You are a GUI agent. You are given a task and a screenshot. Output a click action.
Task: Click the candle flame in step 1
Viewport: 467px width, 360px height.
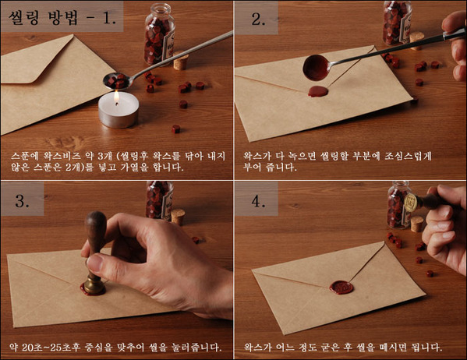pyautogui.click(x=116, y=97)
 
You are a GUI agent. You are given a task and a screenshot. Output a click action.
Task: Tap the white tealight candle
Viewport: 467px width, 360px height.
pyautogui.click(x=119, y=110)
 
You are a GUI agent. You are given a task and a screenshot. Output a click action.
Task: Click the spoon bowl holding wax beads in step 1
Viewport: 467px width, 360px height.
pyautogui.click(x=117, y=81)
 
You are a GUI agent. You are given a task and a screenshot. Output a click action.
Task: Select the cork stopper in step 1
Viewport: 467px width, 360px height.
pyautogui.click(x=181, y=62)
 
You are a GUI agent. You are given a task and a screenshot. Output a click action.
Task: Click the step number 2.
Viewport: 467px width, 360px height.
pyautogui.click(x=258, y=19)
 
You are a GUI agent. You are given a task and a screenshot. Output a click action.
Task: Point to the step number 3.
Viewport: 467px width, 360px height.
pyautogui.click(x=22, y=200)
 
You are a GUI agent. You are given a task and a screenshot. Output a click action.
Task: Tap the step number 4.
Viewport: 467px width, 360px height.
pyautogui.click(x=258, y=200)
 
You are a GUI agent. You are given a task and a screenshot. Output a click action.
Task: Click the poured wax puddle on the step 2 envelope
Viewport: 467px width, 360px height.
pyautogui.click(x=318, y=91)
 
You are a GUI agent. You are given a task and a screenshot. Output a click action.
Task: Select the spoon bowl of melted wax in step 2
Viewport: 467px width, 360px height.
pyautogui.click(x=316, y=68)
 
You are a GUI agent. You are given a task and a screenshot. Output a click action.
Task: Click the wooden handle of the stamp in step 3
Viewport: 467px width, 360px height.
pyautogui.click(x=96, y=235)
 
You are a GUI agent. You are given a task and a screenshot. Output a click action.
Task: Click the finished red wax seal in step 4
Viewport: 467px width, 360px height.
pyautogui.click(x=341, y=288)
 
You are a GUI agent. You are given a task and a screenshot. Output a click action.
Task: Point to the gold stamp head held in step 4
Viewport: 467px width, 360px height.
pyautogui.click(x=410, y=203)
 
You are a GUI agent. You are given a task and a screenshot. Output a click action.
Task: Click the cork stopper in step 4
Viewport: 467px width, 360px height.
pyautogui.click(x=416, y=224)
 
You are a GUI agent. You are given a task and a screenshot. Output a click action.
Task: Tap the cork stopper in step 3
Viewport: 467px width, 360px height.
pyautogui.click(x=178, y=217)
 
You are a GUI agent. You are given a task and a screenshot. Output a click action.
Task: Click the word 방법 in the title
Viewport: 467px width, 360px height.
pyautogui.click(x=63, y=18)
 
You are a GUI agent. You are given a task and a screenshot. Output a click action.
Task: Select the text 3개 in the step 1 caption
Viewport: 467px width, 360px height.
pyautogui.click(x=105, y=156)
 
